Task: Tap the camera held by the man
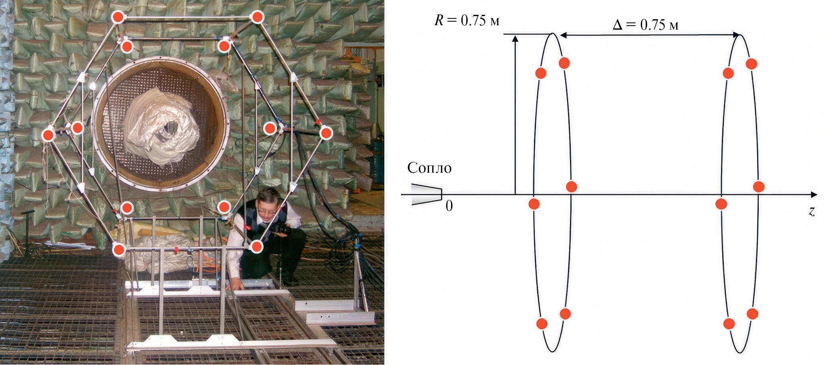pyautogui.click(x=282, y=228)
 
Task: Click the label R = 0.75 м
pyautogui.click(x=467, y=20)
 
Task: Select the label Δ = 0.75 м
pyautogui.click(x=646, y=25)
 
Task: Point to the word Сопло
pyautogui.click(x=429, y=168)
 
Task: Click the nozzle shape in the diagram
pyautogui.click(x=426, y=194)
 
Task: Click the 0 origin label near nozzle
pyautogui.click(x=449, y=206)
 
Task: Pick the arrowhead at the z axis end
pyautogui.click(x=814, y=195)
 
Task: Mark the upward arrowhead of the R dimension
pyautogui.click(x=515, y=38)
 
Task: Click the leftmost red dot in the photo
pyautogui.click(x=48, y=135)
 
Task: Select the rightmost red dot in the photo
pyautogui.click(x=326, y=133)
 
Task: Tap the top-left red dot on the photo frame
pyautogui.click(x=118, y=17)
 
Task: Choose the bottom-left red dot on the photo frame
pyautogui.click(x=119, y=250)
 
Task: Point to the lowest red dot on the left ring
pyautogui.click(x=542, y=323)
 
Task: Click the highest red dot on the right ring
pyautogui.click(x=751, y=64)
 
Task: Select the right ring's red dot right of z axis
pyautogui.click(x=759, y=187)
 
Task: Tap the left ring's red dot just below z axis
pyautogui.click(x=534, y=204)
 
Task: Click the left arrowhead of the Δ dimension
pyautogui.click(x=563, y=35)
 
